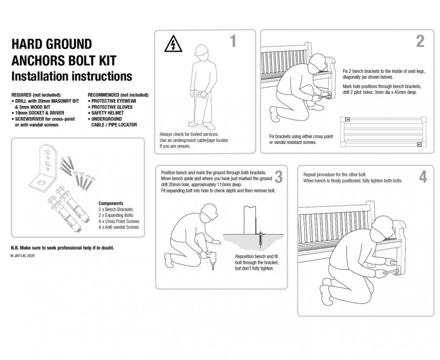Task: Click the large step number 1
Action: tap(233, 42)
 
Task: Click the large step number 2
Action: tap(420, 42)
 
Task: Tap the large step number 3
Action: tap(278, 177)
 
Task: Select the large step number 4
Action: tap(422, 177)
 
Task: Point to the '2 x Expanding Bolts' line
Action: tap(117, 215)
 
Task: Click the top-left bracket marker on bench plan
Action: tap(348, 119)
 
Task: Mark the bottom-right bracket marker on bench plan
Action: tap(419, 145)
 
